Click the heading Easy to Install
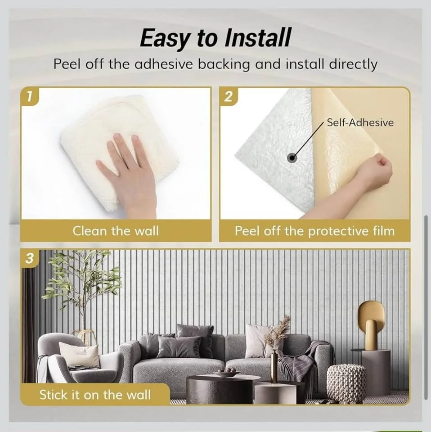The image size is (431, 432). coord(215,38)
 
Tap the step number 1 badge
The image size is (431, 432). coord(30,96)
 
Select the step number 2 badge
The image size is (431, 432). coord(229,96)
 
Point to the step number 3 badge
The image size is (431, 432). coord(30,258)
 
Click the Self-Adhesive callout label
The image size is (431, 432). coord(360,122)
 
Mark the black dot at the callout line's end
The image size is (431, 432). coord(292,158)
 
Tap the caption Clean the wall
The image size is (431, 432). coord(116,231)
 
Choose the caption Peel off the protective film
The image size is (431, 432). coord(314,231)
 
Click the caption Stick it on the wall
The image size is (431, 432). coord(95,395)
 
